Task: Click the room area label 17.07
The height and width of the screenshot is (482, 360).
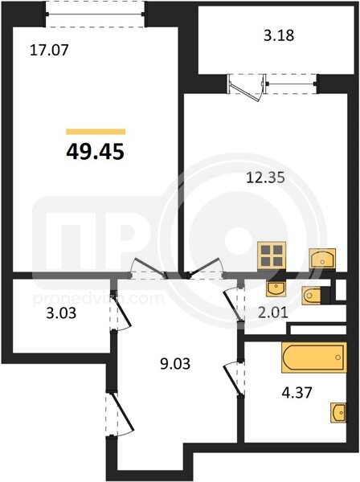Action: click(49, 50)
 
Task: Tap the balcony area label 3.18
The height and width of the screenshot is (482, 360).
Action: click(279, 35)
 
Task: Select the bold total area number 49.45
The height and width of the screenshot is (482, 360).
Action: click(96, 152)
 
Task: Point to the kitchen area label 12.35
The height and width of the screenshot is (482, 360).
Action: click(266, 178)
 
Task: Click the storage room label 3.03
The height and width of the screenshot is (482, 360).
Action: click(61, 313)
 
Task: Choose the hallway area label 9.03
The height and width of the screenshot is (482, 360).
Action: click(175, 364)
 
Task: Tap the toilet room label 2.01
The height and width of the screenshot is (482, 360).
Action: click(272, 312)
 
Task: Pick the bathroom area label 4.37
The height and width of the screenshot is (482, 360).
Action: click(297, 393)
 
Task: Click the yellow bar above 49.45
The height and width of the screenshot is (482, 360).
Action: click(96, 132)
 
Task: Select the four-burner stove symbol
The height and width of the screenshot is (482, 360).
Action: click(272, 255)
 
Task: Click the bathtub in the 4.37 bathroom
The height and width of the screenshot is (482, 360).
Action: click(314, 357)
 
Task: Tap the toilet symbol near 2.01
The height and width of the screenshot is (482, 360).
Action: click(312, 296)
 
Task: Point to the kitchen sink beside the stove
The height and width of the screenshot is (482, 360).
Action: click(322, 258)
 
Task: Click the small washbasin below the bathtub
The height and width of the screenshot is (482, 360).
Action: click(338, 412)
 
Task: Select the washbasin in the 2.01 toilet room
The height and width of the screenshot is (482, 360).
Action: click(276, 289)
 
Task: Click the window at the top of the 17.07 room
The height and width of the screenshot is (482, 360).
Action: click(96, 14)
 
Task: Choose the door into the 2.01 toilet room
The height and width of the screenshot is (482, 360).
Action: click(234, 304)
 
